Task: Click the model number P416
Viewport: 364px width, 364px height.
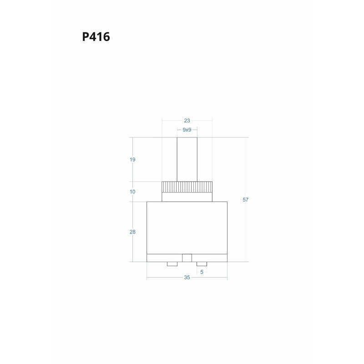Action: pos(96,37)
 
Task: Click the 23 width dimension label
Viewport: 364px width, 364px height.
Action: pos(187,121)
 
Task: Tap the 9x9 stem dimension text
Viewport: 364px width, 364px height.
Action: pos(187,130)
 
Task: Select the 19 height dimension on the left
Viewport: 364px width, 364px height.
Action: pos(132,160)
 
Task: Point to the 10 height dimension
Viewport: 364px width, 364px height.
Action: pos(132,192)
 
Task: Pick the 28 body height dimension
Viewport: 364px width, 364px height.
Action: pos(132,232)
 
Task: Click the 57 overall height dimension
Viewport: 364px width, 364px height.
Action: pos(246,200)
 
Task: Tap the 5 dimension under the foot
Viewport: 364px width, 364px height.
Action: pos(202,272)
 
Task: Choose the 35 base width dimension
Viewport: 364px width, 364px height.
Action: pos(187,278)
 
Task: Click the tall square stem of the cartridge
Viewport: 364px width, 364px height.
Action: pos(187,159)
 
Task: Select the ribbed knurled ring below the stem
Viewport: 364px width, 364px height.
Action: pos(187,187)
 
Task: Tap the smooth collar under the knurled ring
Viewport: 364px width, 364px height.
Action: pos(187,197)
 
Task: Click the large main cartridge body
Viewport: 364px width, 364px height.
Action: pos(187,227)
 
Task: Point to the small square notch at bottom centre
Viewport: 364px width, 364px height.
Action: pos(187,258)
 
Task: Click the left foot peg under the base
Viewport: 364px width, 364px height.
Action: pos(172,264)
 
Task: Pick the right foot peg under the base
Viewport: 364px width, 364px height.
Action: pos(202,264)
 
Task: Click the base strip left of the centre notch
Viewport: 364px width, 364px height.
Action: pos(164,258)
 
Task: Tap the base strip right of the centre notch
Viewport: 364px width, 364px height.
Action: pos(209,258)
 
